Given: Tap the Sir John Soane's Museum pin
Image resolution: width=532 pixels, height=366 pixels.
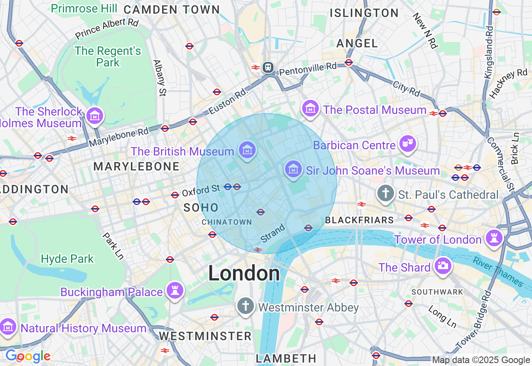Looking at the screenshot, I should click(293, 169).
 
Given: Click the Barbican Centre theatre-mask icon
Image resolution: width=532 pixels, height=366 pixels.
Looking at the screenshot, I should click(407, 144).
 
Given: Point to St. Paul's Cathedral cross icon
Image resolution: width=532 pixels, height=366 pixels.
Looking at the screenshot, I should click(386, 193).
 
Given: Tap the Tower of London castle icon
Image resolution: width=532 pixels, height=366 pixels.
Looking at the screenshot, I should click(494, 238).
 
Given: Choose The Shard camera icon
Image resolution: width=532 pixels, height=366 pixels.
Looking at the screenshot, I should click(443, 266).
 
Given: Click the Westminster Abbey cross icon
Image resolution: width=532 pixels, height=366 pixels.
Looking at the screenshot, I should click(245, 306).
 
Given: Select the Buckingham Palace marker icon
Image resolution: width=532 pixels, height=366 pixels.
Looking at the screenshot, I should click(175, 290).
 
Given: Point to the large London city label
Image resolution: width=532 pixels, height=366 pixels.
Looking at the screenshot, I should click(244, 273).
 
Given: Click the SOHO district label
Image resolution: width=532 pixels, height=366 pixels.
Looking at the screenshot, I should click(201, 208).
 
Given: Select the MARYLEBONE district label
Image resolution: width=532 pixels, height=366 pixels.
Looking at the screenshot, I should click(136, 167).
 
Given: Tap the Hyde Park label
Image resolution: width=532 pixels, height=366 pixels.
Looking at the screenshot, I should click(67, 259).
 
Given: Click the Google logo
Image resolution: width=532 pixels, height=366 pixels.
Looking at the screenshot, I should click(28, 356).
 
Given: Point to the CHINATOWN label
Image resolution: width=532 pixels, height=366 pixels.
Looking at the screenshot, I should click(227, 222).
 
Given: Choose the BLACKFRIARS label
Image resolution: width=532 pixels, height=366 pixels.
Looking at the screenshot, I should click(360, 220).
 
